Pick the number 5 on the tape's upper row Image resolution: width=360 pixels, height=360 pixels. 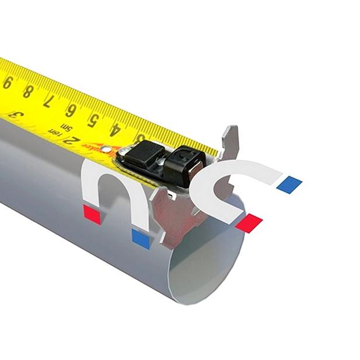[92, 120]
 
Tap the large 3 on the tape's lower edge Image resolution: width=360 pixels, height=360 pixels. [18, 114]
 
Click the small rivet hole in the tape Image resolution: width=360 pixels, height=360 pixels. [105, 149]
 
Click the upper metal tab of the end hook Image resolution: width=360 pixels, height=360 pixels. [229, 143]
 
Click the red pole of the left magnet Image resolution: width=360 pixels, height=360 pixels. [92, 213]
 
